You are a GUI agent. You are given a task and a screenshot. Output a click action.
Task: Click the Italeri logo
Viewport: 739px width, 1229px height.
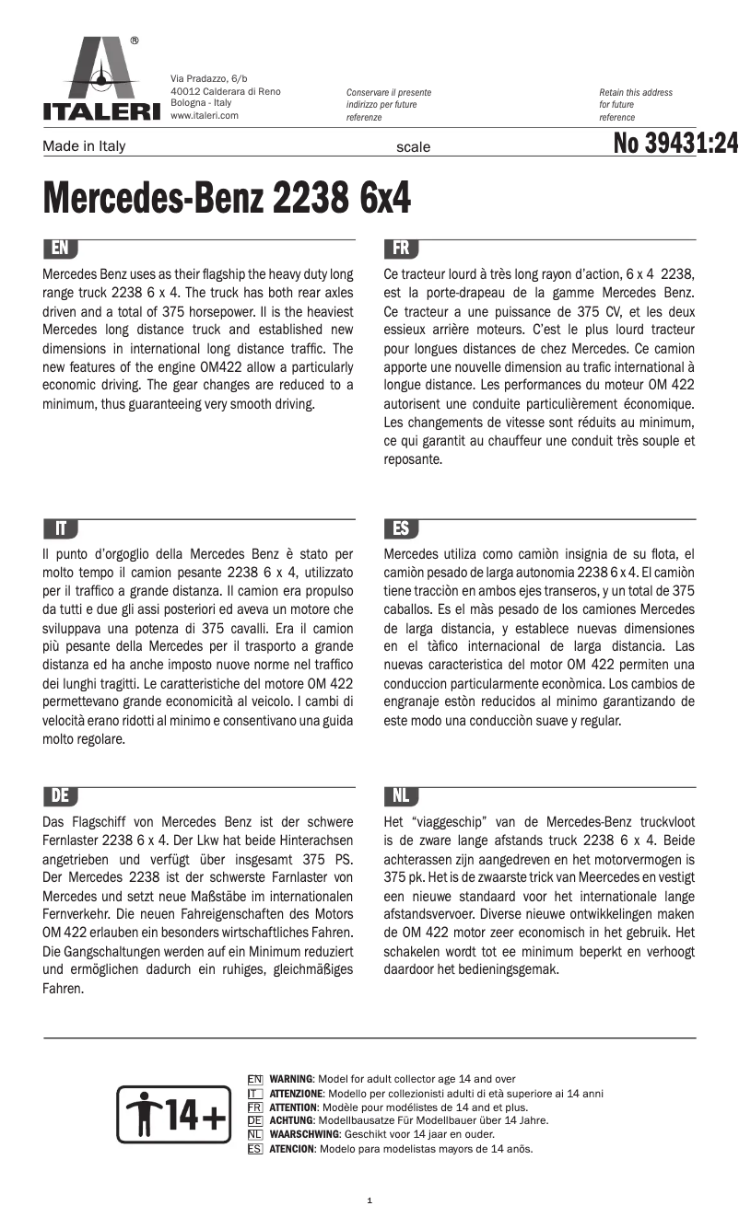click(101, 81)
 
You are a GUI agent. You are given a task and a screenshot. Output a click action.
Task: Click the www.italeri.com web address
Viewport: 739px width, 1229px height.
click(205, 116)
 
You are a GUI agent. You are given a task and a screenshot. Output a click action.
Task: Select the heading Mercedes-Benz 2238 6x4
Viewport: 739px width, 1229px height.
click(227, 198)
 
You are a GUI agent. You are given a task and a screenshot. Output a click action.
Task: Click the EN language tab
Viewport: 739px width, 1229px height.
click(60, 249)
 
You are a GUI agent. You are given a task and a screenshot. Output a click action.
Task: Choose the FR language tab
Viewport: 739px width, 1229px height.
click(401, 249)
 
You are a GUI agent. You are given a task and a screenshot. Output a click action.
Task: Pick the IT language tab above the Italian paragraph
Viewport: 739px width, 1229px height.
click(60, 528)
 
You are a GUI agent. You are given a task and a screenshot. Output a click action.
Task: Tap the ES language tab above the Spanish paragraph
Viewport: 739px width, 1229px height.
click(401, 528)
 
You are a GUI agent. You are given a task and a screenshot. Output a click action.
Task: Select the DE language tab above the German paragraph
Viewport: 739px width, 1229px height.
click(60, 796)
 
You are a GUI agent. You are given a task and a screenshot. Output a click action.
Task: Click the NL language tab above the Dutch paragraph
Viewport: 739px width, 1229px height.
click(401, 796)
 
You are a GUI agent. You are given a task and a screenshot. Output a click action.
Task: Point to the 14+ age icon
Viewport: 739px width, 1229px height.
click(171, 1115)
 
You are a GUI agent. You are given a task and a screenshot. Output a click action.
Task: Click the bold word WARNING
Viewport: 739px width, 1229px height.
click(290, 1079)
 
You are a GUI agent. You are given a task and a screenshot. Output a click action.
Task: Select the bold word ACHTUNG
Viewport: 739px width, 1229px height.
click(291, 1120)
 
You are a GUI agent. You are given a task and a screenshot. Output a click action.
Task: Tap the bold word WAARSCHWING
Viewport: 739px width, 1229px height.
click(303, 1135)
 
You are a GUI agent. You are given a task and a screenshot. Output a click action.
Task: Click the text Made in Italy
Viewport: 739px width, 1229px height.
click(84, 146)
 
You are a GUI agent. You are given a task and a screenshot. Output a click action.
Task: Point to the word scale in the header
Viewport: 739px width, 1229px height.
click(413, 147)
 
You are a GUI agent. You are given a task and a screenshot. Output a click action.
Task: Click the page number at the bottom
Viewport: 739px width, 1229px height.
click(369, 1200)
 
